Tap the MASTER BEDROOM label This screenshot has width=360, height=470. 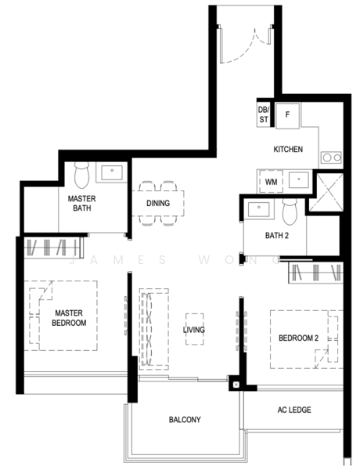pyautogui.click(x=69, y=317)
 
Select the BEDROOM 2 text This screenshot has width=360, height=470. pyautogui.click(x=298, y=338)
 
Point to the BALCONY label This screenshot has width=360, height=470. pyautogui.click(x=185, y=420)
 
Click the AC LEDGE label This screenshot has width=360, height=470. pyautogui.click(x=293, y=410)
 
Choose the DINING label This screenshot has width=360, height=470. pyautogui.click(x=158, y=204)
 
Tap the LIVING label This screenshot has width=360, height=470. pyautogui.click(x=194, y=330)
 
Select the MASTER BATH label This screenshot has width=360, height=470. pyautogui.click(x=81, y=204)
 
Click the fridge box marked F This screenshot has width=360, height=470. pyautogui.click(x=286, y=115)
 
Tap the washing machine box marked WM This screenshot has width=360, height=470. pyautogui.click(x=271, y=182)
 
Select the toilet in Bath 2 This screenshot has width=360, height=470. pyautogui.click(x=289, y=208)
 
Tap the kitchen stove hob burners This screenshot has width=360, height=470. pyautogui.click(x=331, y=157)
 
